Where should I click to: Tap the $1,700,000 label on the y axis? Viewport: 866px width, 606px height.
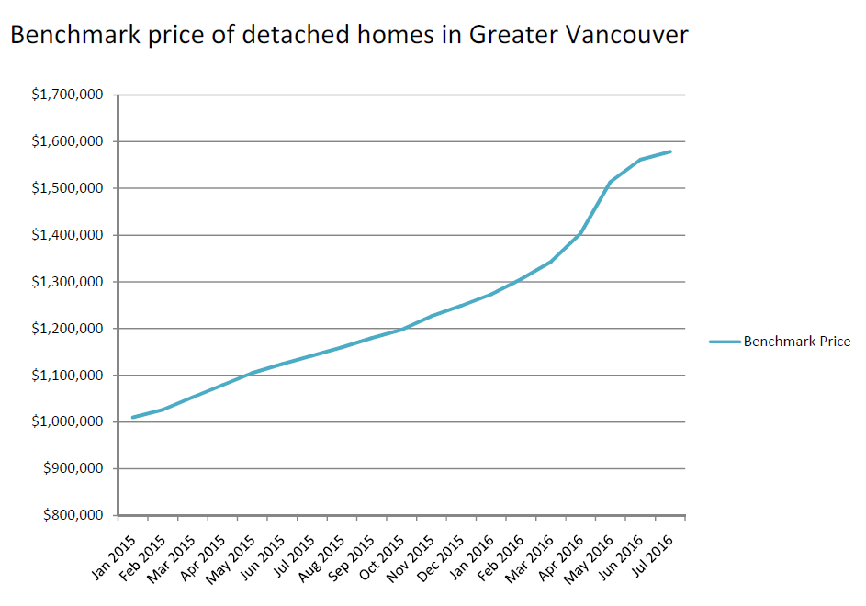67,95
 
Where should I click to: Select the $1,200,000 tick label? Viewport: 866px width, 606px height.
67,329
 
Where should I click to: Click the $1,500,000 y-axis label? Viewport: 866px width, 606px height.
67,188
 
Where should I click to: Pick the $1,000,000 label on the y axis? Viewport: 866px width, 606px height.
67,422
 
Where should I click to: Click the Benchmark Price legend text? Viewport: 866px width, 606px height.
796,342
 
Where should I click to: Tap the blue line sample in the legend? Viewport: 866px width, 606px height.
725,342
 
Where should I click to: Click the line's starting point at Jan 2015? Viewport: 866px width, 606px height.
133,418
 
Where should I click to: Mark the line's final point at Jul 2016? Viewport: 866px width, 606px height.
671,151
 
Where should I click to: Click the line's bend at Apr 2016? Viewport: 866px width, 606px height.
581,233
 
